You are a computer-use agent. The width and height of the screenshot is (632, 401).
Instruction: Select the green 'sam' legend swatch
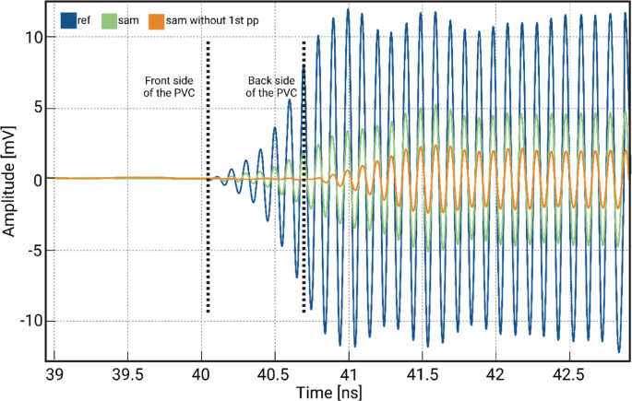pyautogui.click(x=110, y=18)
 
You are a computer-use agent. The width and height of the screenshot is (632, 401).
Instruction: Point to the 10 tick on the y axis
pyautogui.click(x=34, y=38)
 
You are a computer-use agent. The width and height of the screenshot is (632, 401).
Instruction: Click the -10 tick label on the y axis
pyautogui.click(x=30, y=322)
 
